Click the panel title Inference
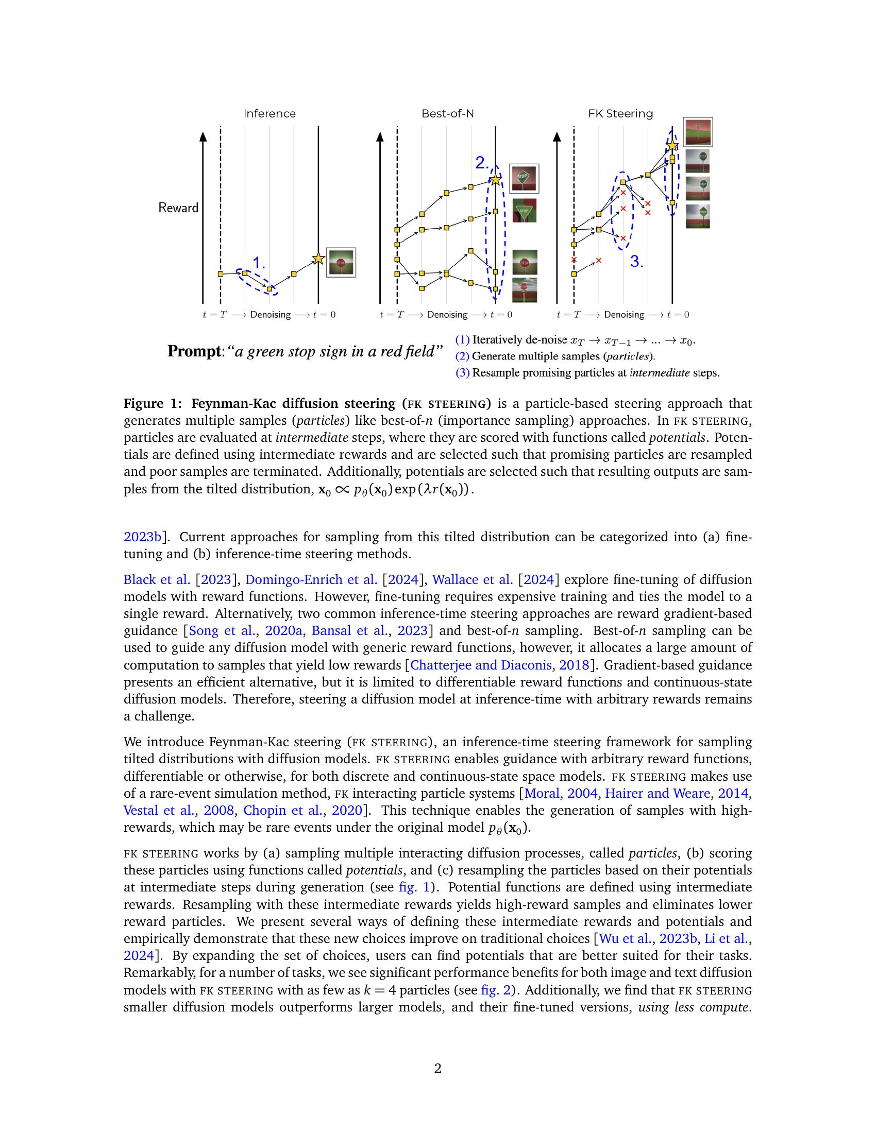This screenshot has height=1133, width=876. pyautogui.click(x=269, y=114)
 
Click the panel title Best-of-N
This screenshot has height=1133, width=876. pyautogui.click(x=447, y=114)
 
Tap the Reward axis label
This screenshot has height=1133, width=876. pyautogui.click(x=178, y=208)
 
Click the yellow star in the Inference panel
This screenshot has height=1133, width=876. pyautogui.click(x=318, y=259)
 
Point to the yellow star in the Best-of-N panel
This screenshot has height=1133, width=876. pyautogui.click(x=496, y=180)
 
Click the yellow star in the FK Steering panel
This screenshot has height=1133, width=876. pyautogui.click(x=672, y=146)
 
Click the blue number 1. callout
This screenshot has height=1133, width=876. pyautogui.click(x=259, y=263)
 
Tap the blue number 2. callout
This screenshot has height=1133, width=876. pyautogui.click(x=482, y=163)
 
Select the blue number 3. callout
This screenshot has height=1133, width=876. pyautogui.click(x=637, y=262)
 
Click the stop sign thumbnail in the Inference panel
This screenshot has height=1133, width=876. pyautogui.click(x=341, y=263)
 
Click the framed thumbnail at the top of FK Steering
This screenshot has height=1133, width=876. pyautogui.click(x=698, y=132)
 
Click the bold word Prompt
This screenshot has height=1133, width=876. pyautogui.click(x=194, y=351)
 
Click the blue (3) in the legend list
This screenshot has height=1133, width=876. pyautogui.click(x=462, y=372)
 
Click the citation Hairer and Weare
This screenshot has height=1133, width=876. pyautogui.click(x=658, y=793)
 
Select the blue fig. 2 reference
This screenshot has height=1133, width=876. pyautogui.click(x=496, y=990)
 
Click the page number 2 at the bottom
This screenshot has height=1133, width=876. pyautogui.click(x=437, y=1068)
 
